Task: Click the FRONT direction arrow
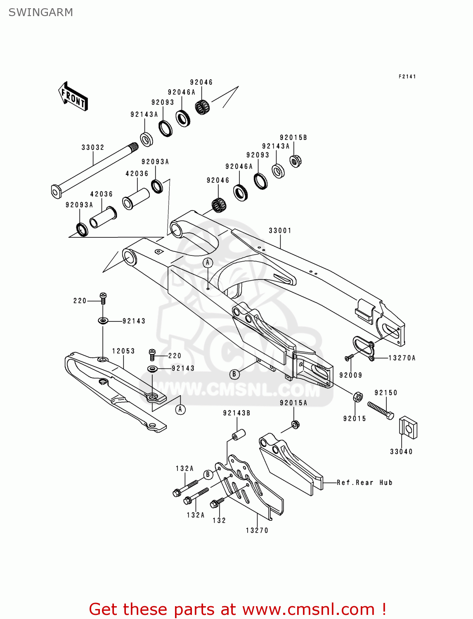(73, 97)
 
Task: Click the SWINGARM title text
(40, 12)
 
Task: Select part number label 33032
(92, 147)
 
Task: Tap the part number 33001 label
(280, 230)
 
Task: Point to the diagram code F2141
(407, 76)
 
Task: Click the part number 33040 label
(401, 451)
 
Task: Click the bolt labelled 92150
(380, 409)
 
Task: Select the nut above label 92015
(358, 397)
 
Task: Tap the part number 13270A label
(402, 358)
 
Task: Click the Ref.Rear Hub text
(364, 482)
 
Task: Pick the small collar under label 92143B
(238, 435)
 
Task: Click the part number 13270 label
(257, 530)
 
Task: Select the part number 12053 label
(123, 351)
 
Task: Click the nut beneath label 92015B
(295, 161)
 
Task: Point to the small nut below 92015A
(296, 424)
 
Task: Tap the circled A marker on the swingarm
(208, 262)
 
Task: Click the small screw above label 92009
(350, 357)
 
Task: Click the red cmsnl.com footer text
(237, 609)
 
